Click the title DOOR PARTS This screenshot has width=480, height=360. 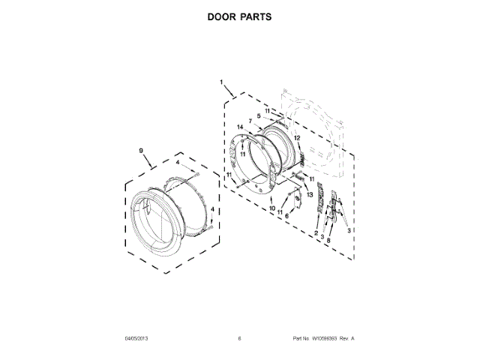point(240,16)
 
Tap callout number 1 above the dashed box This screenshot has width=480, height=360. point(221,81)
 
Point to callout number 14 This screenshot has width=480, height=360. point(240,127)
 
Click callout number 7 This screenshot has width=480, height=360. point(250,121)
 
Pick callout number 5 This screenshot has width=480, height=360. point(258,115)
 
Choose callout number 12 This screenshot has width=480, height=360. point(297,139)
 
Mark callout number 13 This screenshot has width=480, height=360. point(308,194)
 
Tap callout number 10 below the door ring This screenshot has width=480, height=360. point(272,208)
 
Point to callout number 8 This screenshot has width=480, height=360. point(328,240)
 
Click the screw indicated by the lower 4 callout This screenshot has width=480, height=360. point(212,223)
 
